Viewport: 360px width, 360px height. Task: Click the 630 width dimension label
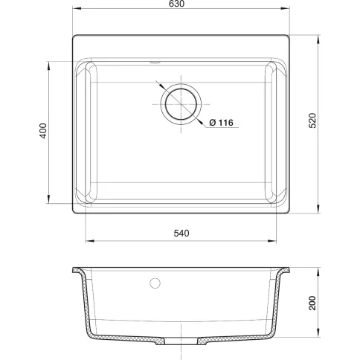coord(177,4)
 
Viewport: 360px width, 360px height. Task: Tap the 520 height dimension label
coord(313,120)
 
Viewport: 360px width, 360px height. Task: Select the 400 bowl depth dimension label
coord(43,131)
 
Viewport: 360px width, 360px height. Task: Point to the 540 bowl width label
coord(181,234)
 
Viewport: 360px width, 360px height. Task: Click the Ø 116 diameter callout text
coord(221,123)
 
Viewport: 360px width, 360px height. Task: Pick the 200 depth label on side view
coord(312,303)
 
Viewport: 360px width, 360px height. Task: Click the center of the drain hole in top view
coord(181,104)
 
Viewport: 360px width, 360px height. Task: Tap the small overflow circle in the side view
coord(155,283)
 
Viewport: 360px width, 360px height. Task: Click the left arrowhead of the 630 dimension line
coord(76,8)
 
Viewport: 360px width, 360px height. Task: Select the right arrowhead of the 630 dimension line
coord(286,8)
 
